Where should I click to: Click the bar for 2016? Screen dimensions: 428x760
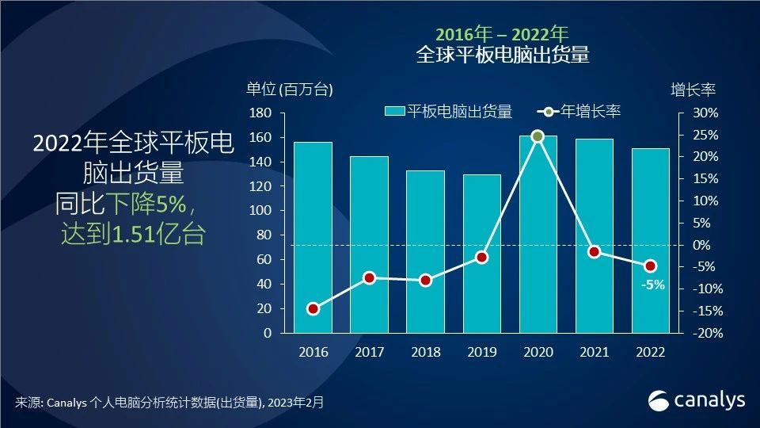(x=313, y=238)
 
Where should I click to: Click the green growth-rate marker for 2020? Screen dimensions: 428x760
(x=538, y=136)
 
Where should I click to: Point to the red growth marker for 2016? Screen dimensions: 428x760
(x=313, y=309)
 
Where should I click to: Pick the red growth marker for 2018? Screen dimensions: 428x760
(x=425, y=280)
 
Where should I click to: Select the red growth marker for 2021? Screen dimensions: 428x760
(x=594, y=252)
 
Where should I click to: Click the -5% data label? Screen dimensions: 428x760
(x=653, y=285)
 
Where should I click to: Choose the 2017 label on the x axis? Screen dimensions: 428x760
(x=369, y=352)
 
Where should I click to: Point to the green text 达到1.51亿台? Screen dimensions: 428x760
(x=133, y=235)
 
